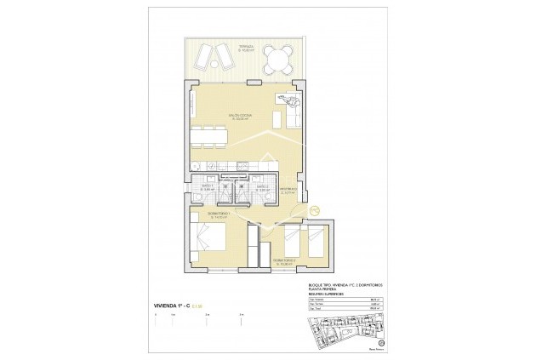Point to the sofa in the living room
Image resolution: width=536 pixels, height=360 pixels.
pos(288,110)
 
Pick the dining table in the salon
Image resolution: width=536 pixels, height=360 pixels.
pos(208,135)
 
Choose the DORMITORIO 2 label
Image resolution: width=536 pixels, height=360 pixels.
pos(283,260)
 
